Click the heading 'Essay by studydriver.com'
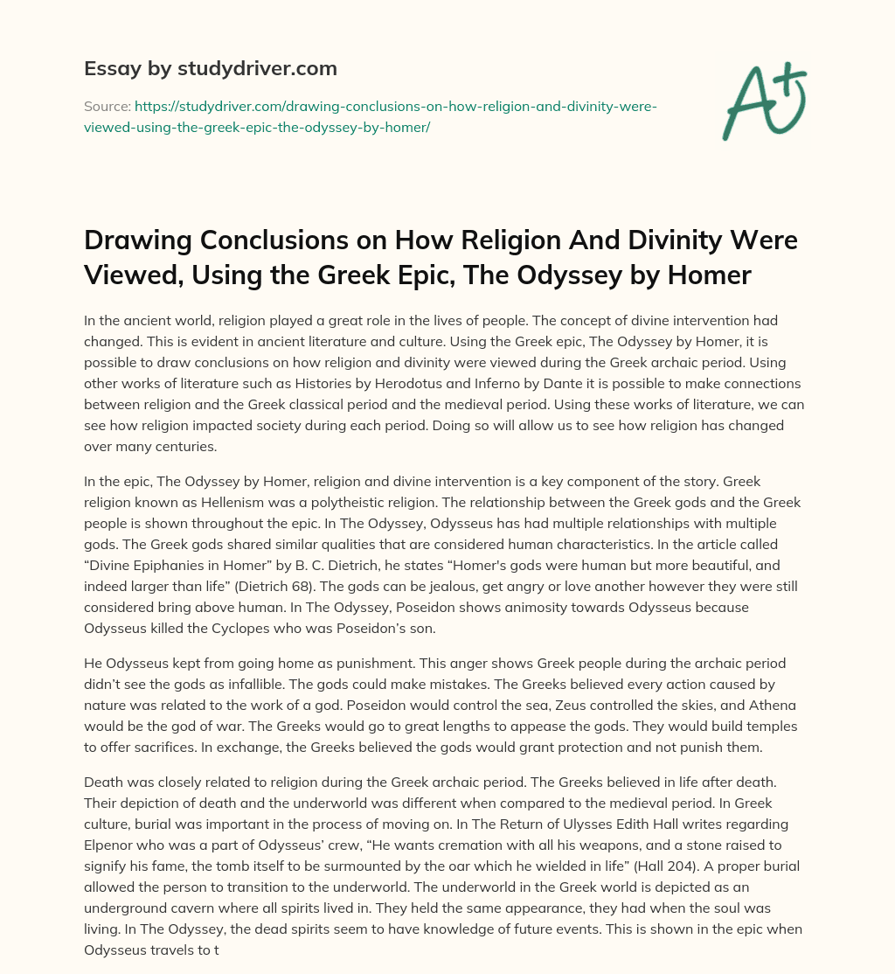click(210, 68)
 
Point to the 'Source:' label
click(108, 107)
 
